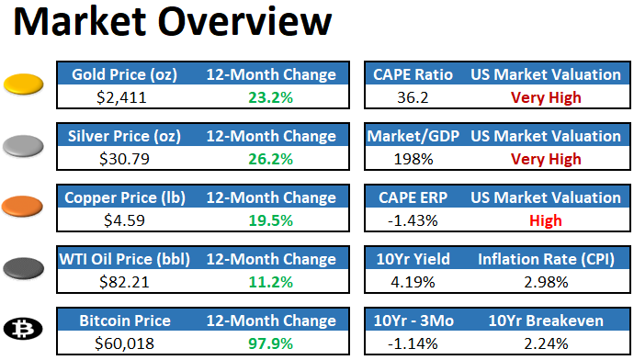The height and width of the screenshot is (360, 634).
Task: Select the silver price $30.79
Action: [x=124, y=158]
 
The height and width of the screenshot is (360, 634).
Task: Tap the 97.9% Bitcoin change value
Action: [x=271, y=343]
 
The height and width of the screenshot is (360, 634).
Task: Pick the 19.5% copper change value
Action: [x=271, y=219]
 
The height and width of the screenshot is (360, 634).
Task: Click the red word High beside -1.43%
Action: [x=546, y=219]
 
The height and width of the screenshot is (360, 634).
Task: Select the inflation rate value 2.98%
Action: [x=546, y=281]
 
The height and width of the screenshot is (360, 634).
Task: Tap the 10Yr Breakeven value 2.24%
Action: [x=546, y=343]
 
